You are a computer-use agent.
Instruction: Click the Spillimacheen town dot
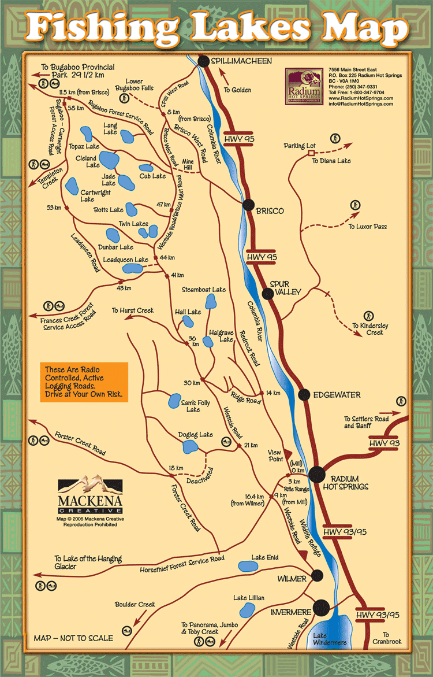pos(203,61)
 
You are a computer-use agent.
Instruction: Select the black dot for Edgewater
pos(304,395)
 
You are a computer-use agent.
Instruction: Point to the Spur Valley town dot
pos(268,294)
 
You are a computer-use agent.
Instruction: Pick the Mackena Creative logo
pos(90,495)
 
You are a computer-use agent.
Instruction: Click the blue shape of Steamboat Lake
pos(211,302)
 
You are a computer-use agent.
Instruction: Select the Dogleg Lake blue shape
pos(190,447)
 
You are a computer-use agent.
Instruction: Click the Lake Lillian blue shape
pos(247,610)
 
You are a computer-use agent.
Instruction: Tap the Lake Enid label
pos(265,557)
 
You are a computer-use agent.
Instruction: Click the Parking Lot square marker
pos(311,154)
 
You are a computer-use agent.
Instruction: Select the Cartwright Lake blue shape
pos(72,186)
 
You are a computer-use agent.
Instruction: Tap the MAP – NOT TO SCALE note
pos(73,638)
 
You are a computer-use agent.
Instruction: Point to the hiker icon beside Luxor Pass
pos(355,205)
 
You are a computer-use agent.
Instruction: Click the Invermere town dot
pos(322,608)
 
